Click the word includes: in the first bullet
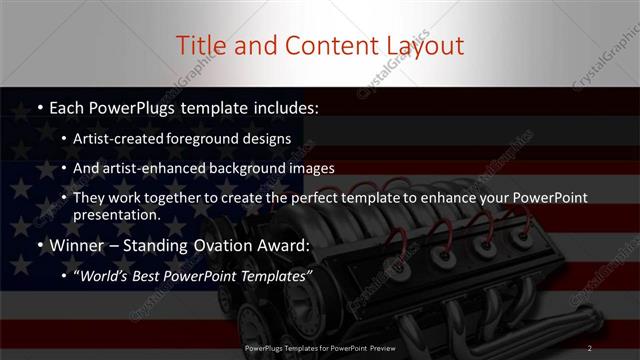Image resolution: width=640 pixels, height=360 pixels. click(x=284, y=106)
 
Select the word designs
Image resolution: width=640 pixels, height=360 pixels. click(x=269, y=140)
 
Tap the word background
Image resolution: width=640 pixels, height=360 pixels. click(x=253, y=168)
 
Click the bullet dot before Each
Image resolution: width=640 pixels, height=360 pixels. click(x=39, y=107)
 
